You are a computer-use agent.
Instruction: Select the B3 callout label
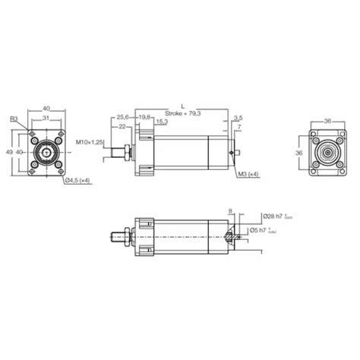(x=14, y=118)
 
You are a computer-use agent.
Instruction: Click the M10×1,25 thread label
(x=90, y=141)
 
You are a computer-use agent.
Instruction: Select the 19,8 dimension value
(x=144, y=117)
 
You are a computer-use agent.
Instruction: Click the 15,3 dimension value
(x=162, y=122)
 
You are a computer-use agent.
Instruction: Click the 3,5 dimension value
(x=238, y=118)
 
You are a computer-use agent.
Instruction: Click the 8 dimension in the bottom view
(x=230, y=212)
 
